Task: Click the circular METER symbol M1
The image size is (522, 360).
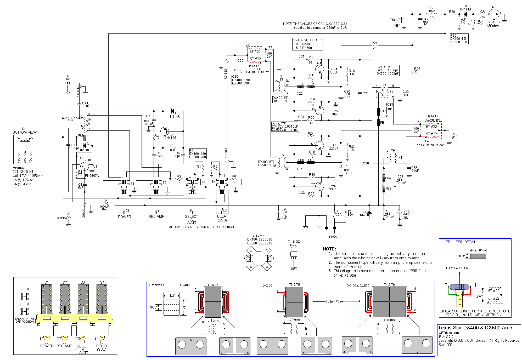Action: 493,14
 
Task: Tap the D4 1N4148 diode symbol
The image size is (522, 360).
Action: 465,14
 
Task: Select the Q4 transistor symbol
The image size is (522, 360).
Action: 319,69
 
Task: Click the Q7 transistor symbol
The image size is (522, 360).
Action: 319,186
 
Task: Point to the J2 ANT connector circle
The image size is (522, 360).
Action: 67,83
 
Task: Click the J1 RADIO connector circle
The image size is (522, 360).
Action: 69,218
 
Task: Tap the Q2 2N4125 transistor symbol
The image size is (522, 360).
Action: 165,131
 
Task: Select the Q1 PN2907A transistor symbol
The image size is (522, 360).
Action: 85,166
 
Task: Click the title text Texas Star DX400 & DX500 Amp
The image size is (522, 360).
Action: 475,328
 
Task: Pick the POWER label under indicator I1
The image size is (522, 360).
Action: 124,217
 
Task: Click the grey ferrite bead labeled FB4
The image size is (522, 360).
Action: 384,178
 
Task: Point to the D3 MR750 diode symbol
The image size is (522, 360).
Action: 369,212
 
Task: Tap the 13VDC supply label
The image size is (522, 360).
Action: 333,237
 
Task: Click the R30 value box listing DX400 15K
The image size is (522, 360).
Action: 459,39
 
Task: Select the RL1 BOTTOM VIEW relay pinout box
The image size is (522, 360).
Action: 25,149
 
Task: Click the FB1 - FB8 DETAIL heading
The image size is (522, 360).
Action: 461,242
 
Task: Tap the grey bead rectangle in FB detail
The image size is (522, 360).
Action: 478,256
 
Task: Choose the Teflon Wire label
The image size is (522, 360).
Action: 334,301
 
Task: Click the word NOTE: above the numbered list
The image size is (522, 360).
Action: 329,249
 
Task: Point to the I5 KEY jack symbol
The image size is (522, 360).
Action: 398,20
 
